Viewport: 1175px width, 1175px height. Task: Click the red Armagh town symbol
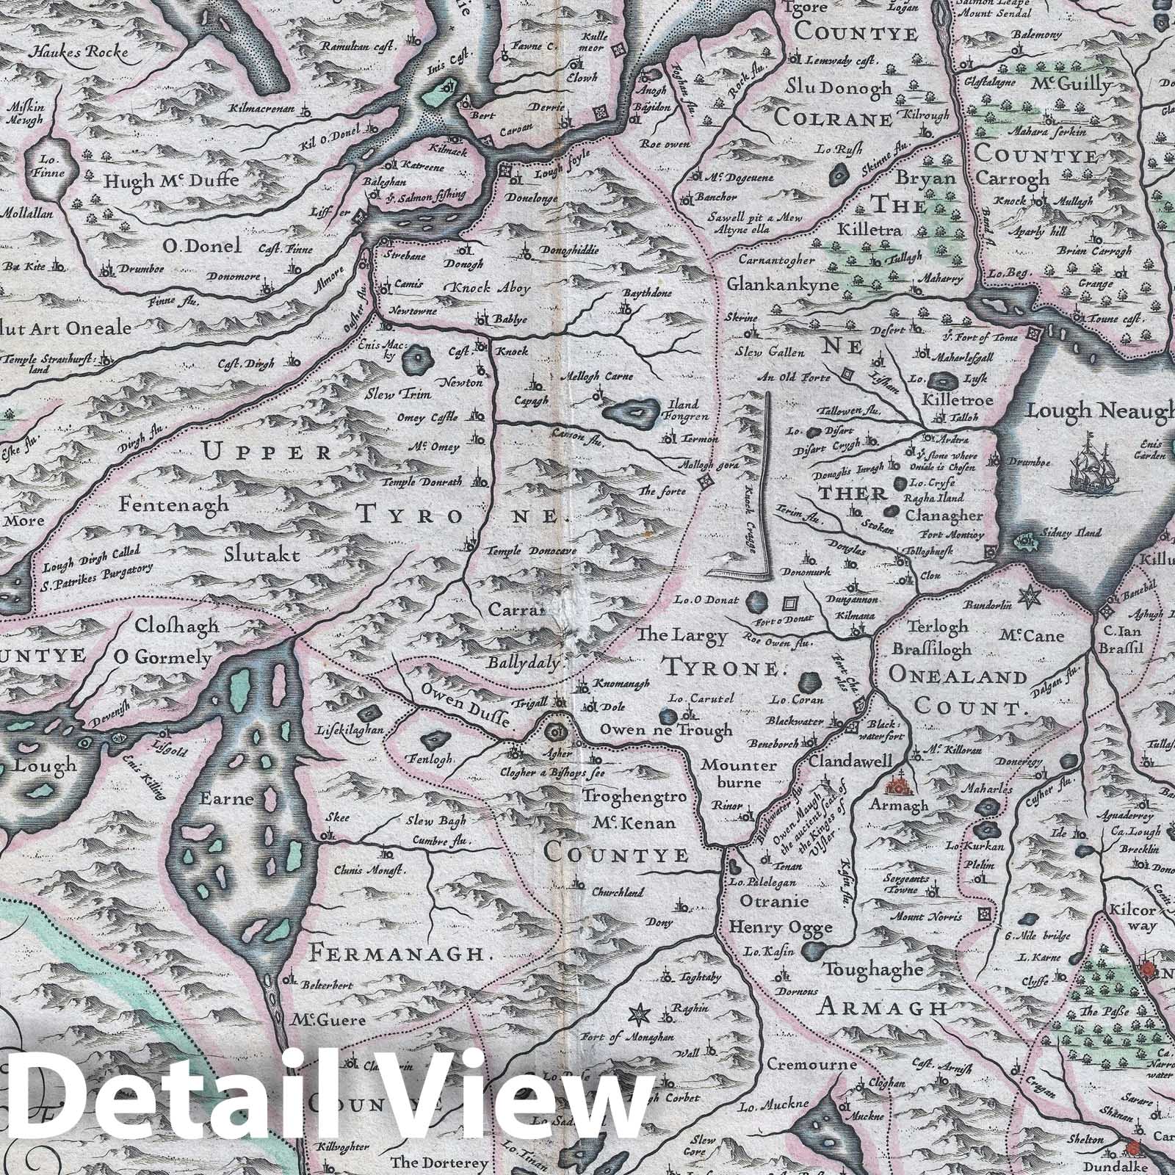[x=898, y=787]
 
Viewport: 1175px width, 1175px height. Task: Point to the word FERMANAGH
[x=399, y=954]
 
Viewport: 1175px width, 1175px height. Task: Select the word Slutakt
[x=263, y=556]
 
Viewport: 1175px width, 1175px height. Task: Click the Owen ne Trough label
[x=665, y=730]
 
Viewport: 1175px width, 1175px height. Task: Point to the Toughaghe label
[x=872, y=969]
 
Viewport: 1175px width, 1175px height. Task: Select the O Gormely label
[x=164, y=657]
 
